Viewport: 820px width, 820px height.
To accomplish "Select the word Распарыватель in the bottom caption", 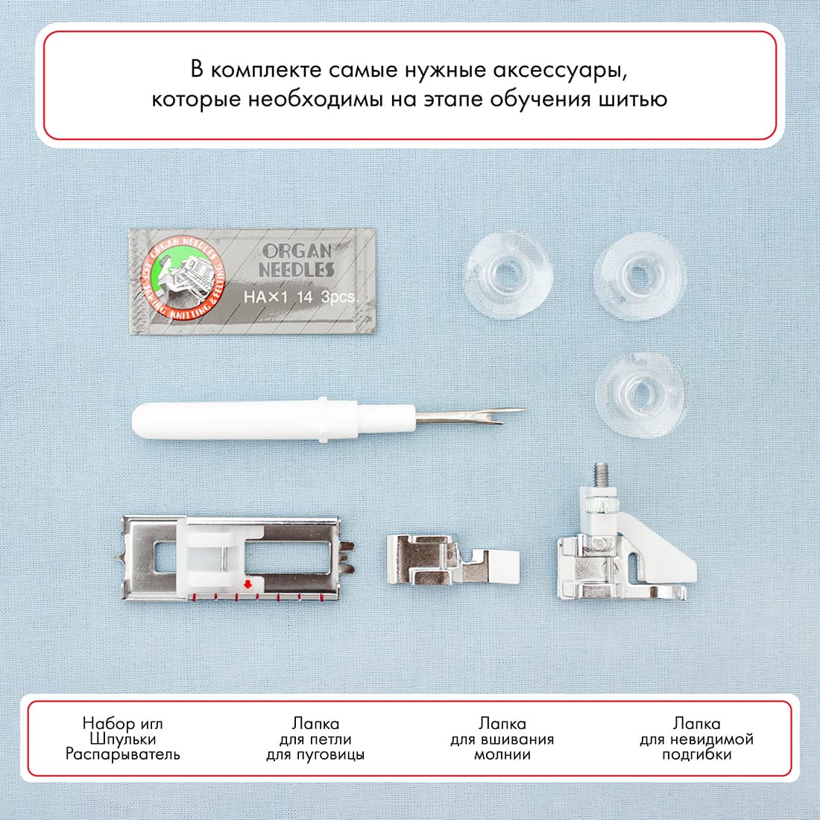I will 122,754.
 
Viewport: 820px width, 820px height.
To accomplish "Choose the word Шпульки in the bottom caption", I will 122,739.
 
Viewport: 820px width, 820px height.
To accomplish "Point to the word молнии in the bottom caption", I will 502,754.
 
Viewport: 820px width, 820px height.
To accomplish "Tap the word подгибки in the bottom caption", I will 696,754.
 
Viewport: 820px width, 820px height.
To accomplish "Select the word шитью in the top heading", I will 632,99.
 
